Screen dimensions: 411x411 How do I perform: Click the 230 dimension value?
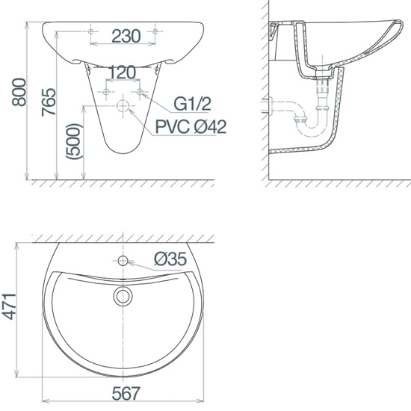[126, 36]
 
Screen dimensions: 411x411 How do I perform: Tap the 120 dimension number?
[122, 72]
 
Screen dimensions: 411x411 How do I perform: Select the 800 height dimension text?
[19, 92]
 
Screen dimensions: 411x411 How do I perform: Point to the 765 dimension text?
[49, 102]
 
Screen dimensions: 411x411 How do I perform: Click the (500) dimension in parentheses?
[75, 141]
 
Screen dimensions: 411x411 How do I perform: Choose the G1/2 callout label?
[192, 104]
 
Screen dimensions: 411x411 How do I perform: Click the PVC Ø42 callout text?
[191, 126]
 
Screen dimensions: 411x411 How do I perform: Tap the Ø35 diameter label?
[170, 259]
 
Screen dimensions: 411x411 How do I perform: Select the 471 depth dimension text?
[10, 306]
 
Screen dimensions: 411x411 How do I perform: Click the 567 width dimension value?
[126, 393]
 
